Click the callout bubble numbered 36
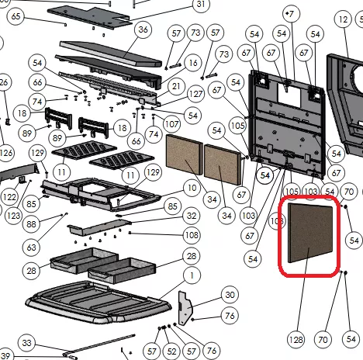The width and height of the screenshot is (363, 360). tap(143, 29)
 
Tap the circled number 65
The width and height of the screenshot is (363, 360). tap(16, 16)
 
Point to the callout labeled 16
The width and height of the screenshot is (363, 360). tap(193, 63)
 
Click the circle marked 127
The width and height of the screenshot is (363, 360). tap(195, 94)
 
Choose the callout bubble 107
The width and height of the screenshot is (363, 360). tap(172, 124)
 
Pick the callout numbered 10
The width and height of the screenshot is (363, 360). tap(192, 188)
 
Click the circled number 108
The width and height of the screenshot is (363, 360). tap(192, 235)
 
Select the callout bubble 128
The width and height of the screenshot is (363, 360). tap(296, 339)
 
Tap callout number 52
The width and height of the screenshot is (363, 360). tap(171, 351)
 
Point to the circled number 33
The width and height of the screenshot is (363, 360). tap(27, 343)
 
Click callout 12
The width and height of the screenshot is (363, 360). tap(343, 19)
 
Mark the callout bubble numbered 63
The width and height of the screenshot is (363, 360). tap(31, 247)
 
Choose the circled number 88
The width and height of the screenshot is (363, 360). tap(31, 224)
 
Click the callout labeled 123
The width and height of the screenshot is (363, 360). tap(14, 215)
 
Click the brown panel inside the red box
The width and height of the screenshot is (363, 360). tap(310, 232)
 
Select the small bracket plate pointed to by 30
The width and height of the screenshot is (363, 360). tap(185, 308)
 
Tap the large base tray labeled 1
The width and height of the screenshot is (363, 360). tap(99, 302)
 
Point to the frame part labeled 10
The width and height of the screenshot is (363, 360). tap(101, 193)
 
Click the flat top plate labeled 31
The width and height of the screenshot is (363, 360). tap(89, 16)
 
